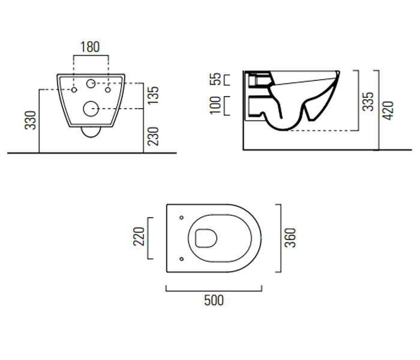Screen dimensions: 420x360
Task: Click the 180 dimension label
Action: point(90,47)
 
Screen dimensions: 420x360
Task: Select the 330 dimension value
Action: point(30,120)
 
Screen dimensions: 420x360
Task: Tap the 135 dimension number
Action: point(154,95)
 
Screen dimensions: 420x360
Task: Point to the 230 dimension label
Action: point(154,136)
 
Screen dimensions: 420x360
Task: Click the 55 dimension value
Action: point(215,79)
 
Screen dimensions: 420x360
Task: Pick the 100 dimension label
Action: point(215,105)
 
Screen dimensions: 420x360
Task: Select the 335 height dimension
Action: point(368,101)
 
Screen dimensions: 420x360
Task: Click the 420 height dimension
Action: point(388,110)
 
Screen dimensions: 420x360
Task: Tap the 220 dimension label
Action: point(139,236)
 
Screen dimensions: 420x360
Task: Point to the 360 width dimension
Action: point(290,238)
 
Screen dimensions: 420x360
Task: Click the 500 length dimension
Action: point(214,300)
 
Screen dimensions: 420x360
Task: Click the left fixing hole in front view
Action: point(74,90)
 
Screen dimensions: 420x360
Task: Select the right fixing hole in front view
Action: point(107,90)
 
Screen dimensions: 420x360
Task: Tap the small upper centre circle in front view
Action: point(91,83)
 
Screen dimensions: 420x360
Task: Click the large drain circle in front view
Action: point(91,109)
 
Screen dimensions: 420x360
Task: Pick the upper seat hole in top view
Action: point(181,217)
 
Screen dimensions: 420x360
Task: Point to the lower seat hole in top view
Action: point(181,259)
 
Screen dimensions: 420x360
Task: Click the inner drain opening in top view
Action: point(206,238)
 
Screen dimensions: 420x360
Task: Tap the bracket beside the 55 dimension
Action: point(227,80)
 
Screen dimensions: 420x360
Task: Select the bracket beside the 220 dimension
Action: point(150,238)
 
